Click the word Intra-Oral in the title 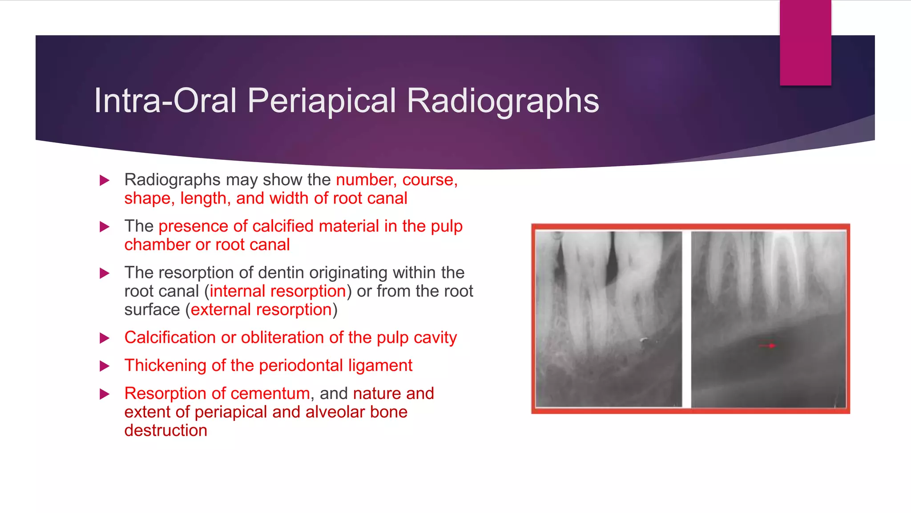(165, 101)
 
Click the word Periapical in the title (322, 101)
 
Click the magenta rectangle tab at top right (805, 42)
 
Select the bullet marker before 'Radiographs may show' (105, 180)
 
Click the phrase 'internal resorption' (278, 291)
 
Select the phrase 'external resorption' (261, 309)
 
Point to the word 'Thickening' (165, 366)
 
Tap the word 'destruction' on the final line (165, 431)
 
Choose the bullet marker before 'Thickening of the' (105, 366)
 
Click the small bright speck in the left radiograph (644, 341)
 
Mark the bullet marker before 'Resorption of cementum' (105, 394)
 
